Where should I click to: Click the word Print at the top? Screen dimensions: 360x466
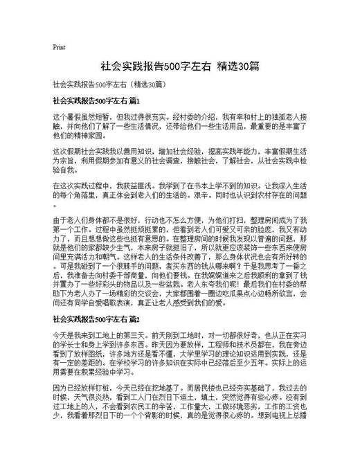click(x=59, y=48)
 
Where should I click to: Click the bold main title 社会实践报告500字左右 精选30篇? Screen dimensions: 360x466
click(x=179, y=66)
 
